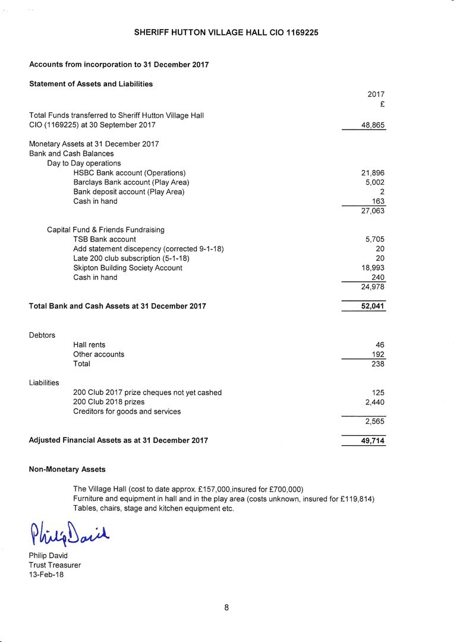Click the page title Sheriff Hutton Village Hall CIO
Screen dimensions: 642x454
(x=226, y=33)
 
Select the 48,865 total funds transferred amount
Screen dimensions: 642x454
(x=373, y=125)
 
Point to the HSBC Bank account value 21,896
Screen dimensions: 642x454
(x=373, y=173)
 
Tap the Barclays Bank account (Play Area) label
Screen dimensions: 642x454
(x=131, y=182)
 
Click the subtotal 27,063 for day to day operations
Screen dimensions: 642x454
(x=373, y=211)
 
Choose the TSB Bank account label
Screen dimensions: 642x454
(x=105, y=240)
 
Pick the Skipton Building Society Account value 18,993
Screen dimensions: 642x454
(x=373, y=268)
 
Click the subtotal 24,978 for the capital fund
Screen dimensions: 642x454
(x=373, y=287)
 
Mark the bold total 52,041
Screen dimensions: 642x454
(x=373, y=307)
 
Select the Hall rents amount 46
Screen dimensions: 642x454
(x=380, y=345)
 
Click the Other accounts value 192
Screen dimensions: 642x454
(x=378, y=354)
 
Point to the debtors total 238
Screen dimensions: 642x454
(x=378, y=364)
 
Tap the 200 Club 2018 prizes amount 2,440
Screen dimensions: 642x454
(x=375, y=402)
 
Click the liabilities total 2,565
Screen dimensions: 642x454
(x=375, y=421)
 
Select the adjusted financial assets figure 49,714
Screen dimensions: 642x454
(x=373, y=441)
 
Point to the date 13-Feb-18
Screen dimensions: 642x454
(x=46, y=575)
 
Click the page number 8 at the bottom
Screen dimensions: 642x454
(x=227, y=608)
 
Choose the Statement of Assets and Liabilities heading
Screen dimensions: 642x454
(x=91, y=84)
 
